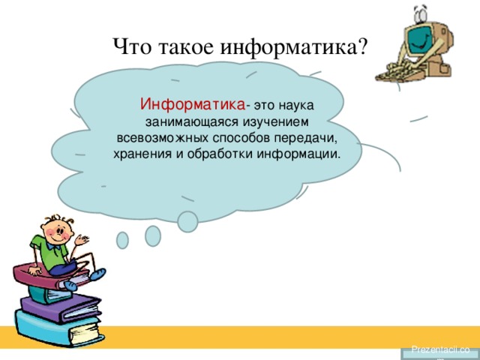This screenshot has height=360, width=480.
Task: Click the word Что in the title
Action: [132, 46]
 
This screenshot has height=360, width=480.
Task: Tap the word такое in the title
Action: [186, 47]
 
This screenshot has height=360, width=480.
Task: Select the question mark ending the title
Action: [361, 46]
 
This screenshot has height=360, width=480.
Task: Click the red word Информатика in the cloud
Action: [193, 104]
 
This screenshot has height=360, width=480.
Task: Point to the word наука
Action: [296, 105]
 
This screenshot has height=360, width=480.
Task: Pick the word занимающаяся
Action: [192, 122]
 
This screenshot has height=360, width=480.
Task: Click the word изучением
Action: [276, 121]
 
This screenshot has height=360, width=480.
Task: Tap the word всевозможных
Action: [163, 138]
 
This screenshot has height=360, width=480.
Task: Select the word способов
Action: [241, 138]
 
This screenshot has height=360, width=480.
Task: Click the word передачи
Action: [305, 139]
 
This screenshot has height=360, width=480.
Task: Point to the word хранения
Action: [142, 154]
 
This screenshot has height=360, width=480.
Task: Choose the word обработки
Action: [220, 153]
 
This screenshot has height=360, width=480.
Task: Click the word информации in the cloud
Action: [298, 154]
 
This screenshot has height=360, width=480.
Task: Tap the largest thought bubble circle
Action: [187, 222]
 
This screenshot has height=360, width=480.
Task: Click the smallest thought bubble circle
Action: [122, 240]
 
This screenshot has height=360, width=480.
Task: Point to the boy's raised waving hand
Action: [82, 240]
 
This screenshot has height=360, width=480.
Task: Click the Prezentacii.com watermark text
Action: [440, 349]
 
